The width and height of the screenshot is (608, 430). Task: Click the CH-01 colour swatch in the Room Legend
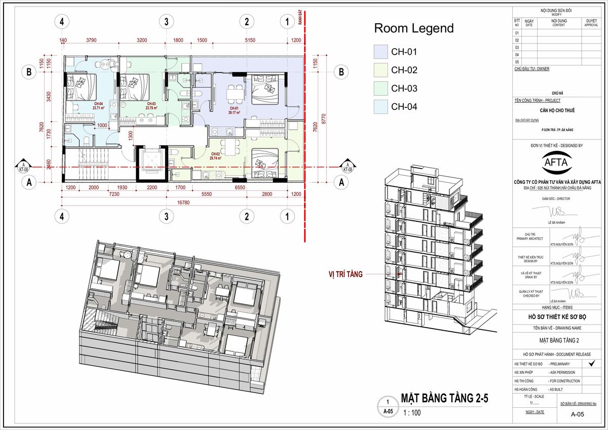381,52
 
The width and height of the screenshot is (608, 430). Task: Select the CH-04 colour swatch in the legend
381,107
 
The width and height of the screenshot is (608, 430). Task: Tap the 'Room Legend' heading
413,28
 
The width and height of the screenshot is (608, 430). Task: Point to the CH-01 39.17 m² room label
234,111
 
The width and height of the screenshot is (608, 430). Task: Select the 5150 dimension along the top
246,40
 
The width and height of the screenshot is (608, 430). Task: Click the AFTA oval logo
549,164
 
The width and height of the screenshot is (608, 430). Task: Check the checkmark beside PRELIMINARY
588,363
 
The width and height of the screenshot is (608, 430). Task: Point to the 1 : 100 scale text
411,413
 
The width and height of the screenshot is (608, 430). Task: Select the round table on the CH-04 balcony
104,64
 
